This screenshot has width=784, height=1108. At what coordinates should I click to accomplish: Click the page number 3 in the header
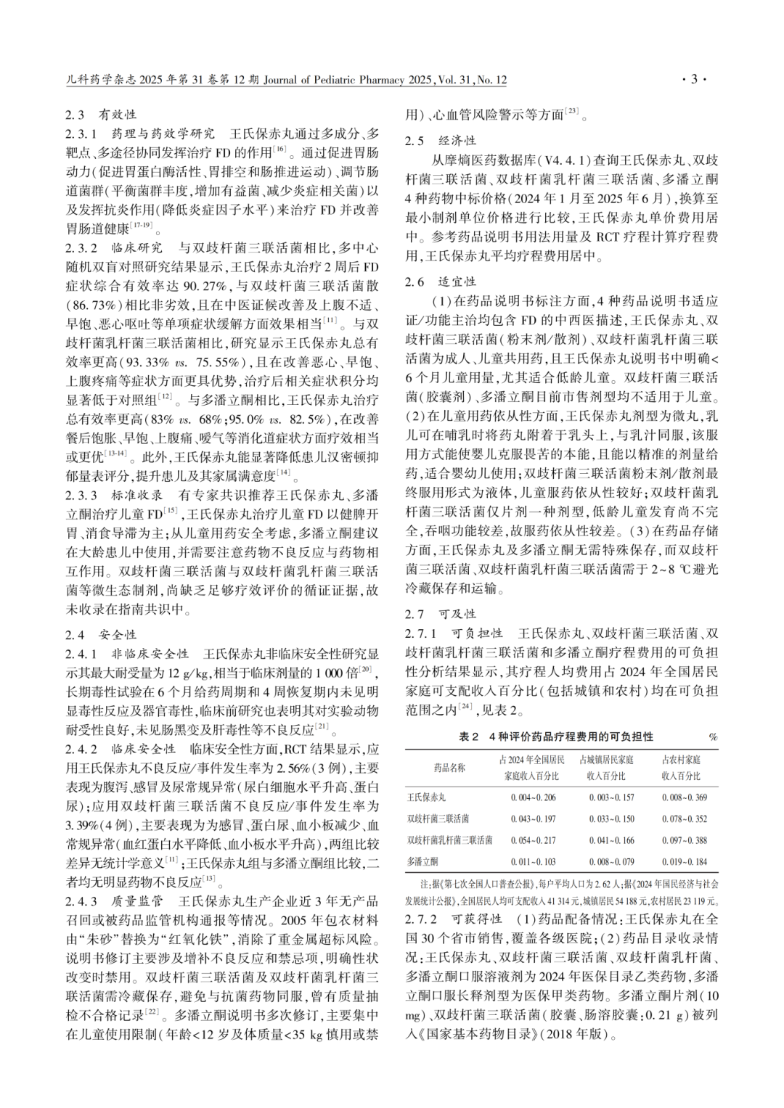(x=693, y=79)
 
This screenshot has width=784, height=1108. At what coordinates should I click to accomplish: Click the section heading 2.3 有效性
(x=101, y=115)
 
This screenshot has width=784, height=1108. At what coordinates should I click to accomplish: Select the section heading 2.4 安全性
(x=101, y=634)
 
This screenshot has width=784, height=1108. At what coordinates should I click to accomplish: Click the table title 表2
(x=556, y=736)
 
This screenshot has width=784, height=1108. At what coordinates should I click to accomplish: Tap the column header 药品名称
(x=449, y=767)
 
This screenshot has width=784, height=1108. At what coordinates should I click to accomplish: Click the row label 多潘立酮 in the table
(x=422, y=861)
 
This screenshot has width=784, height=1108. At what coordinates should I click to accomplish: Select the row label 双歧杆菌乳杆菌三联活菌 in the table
(x=449, y=840)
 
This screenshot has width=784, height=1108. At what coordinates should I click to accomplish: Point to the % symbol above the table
(x=713, y=737)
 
